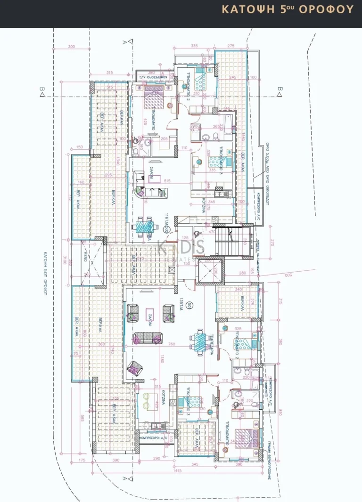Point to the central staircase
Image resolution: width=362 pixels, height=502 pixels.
(231, 243)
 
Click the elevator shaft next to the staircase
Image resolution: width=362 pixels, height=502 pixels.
(207, 272)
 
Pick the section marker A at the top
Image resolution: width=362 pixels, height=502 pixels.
(124, 41)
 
